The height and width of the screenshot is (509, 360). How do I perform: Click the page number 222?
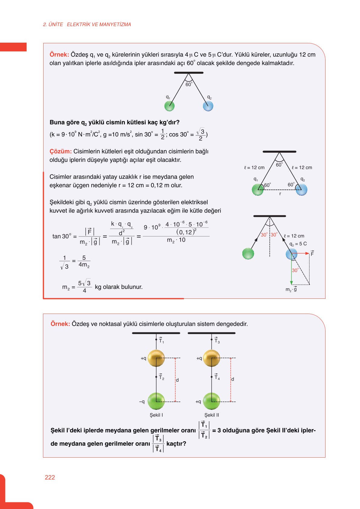coord(50,477)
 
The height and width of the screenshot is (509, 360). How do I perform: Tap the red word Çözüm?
coord(61,151)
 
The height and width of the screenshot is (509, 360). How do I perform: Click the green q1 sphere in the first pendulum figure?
coord(169,106)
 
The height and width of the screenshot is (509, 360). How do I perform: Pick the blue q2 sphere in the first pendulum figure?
coord(208,106)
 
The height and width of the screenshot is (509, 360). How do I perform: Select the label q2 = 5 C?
coord(298,244)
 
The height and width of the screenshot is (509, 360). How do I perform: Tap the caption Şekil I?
coord(156,415)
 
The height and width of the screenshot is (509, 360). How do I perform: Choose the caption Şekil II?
coord(211,415)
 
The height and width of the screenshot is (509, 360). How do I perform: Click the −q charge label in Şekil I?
coord(142,402)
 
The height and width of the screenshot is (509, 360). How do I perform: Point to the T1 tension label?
coord(161,341)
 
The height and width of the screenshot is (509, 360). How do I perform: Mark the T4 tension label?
coord(217,377)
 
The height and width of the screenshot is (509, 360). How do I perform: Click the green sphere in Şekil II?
coord(211,401)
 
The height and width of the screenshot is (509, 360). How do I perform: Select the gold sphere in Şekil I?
coord(156,358)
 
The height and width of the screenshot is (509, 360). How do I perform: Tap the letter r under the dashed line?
coord(280,194)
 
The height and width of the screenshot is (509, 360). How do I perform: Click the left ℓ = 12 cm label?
coord(254,168)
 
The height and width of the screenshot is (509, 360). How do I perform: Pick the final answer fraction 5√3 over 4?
coord(84,286)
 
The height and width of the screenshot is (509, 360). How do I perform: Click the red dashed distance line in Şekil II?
coord(231,380)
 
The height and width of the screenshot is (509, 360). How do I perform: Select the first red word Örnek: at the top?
coord(59,55)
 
